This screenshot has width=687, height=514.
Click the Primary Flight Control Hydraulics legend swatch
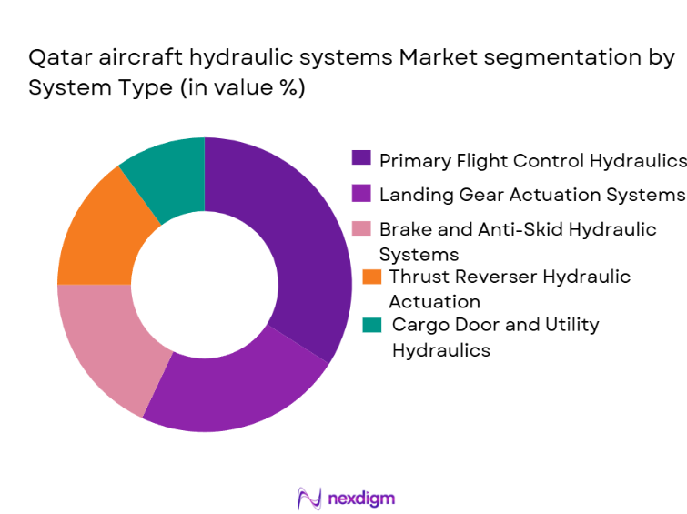point(361,158)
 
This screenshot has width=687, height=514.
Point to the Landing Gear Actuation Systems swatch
point(361,194)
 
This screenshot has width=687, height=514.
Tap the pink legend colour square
point(361,228)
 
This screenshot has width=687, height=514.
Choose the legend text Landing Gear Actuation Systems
point(531,195)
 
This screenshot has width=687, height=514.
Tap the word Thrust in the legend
point(419,277)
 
